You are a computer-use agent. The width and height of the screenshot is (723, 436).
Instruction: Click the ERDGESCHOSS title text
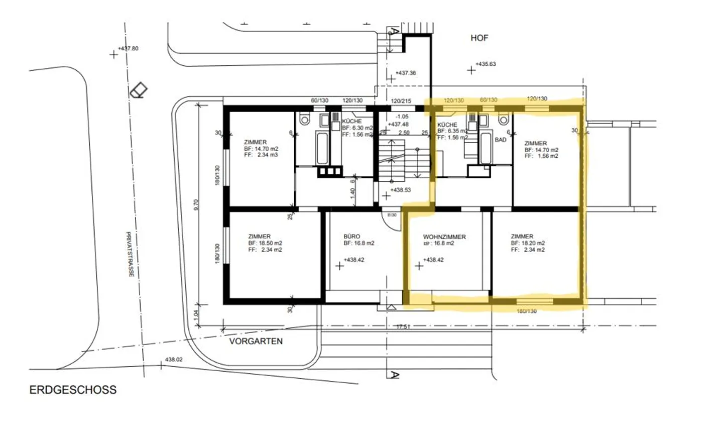click(73, 390)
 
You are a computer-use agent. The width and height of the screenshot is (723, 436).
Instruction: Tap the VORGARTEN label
click(256, 341)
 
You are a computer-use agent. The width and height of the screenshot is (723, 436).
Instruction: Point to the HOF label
click(479, 38)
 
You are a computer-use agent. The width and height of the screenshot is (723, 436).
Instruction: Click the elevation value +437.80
click(128, 49)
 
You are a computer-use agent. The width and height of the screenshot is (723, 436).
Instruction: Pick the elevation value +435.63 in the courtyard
click(486, 64)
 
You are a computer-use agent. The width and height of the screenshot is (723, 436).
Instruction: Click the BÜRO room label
click(352, 236)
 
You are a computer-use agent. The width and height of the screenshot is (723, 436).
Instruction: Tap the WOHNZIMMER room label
click(444, 237)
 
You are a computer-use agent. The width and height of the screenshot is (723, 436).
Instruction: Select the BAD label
click(501, 140)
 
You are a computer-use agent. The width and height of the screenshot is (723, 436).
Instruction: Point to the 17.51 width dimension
click(403, 326)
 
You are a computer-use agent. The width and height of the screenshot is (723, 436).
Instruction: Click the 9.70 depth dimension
click(196, 205)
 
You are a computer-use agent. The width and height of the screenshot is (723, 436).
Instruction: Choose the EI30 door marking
click(392, 215)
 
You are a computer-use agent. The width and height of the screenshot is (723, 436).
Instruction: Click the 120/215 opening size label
click(401, 101)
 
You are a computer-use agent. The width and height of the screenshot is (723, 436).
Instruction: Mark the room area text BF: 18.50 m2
click(265, 243)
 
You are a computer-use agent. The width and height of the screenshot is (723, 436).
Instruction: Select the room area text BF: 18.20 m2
click(528, 243)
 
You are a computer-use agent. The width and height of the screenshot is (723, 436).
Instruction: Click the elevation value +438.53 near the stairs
click(401, 190)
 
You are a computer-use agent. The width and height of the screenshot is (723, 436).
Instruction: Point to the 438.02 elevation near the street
click(174, 360)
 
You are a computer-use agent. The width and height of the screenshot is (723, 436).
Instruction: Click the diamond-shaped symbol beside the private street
click(139, 91)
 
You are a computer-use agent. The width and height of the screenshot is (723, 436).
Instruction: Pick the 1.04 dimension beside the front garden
click(196, 314)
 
